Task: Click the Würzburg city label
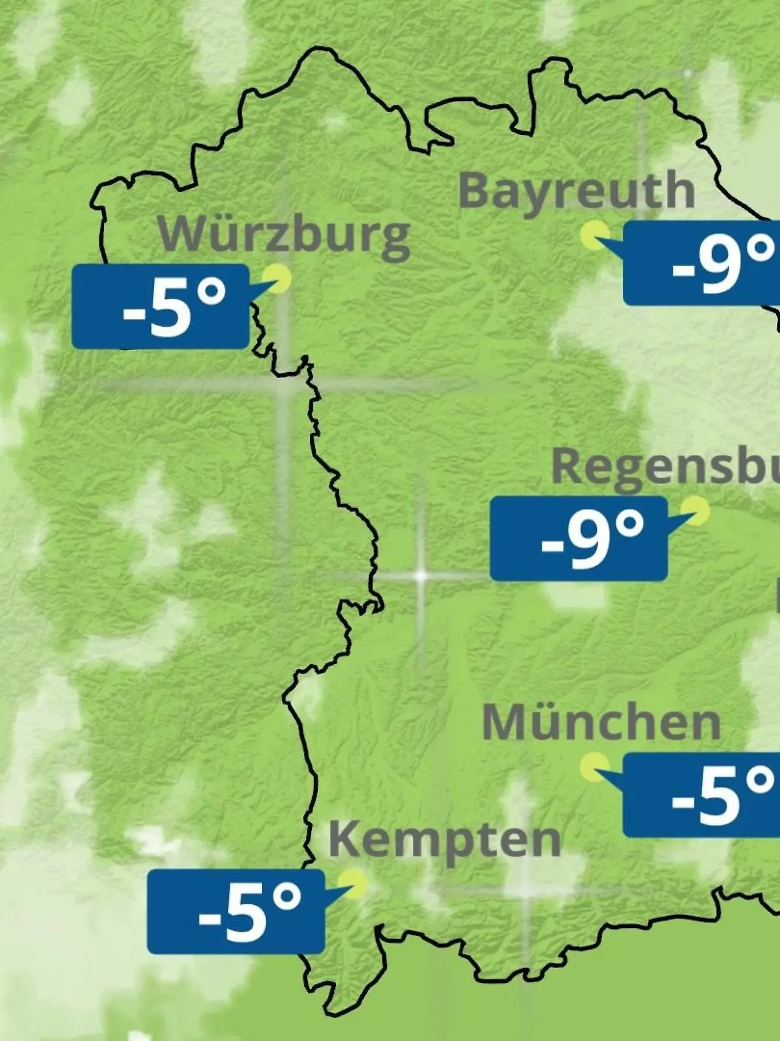(284, 235)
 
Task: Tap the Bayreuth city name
(577, 191)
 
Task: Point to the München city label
(601, 722)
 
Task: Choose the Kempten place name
(445, 840)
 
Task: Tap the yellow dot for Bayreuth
(595, 235)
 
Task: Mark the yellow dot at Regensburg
(695, 511)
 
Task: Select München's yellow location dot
(594, 767)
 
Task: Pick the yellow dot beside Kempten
(355, 884)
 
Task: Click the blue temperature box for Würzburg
(161, 306)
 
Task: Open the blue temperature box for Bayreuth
(702, 263)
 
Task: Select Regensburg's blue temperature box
(578, 538)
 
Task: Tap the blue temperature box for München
(702, 794)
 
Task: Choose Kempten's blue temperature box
(235, 912)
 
